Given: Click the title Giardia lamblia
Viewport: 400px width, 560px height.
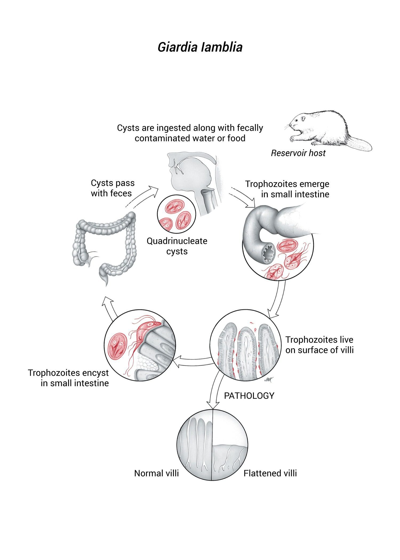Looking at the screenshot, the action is (200, 47).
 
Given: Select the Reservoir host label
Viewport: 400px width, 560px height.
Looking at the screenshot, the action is (298, 153).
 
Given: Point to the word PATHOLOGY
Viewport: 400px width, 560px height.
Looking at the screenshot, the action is (249, 396).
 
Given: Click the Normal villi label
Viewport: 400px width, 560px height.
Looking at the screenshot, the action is (156, 473).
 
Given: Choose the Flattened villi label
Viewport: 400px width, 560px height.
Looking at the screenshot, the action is (270, 473).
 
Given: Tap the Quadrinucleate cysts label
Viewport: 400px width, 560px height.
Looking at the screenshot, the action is (177, 246).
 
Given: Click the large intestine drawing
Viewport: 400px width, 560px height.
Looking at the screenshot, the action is (105, 247).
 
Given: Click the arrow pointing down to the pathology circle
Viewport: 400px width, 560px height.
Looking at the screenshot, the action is (215, 392).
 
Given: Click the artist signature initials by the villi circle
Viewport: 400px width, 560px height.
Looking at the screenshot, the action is (267, 380).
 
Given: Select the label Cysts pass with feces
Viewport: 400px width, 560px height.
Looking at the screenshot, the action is (112, 188).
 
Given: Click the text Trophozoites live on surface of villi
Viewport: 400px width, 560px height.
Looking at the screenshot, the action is (319, 345).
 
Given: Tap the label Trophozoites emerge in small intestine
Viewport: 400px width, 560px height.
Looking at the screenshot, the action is (287, 189).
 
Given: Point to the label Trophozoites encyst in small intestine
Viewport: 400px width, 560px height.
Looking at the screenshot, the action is (68, 378).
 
